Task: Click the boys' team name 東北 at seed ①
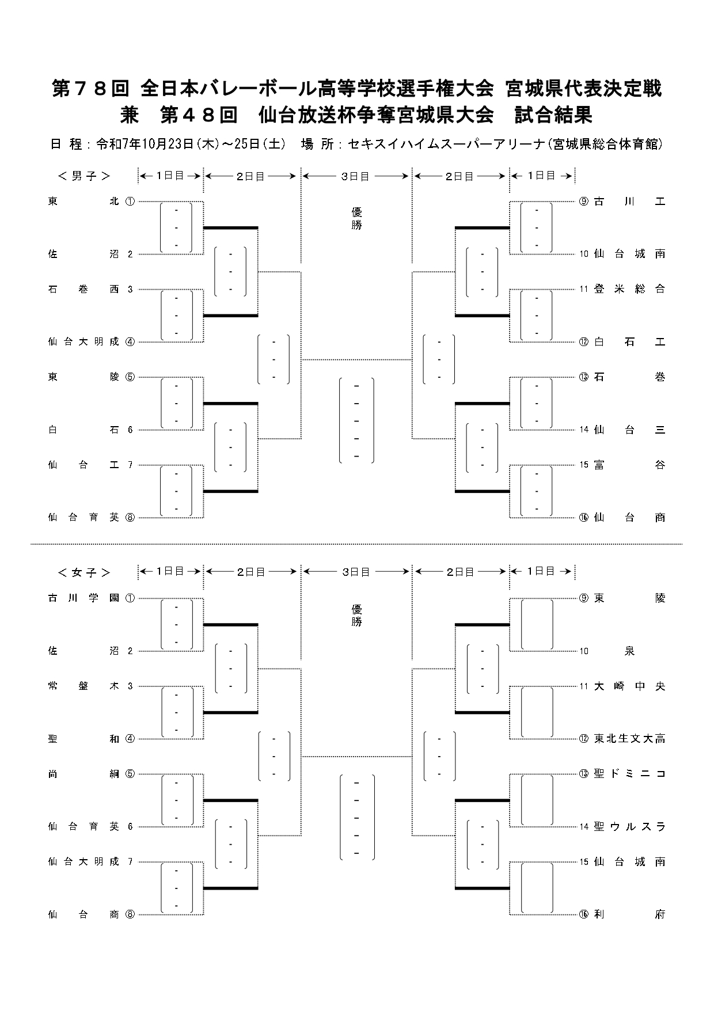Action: coord(83,202)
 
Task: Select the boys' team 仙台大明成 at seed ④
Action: coord(83,341)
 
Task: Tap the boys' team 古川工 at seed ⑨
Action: coord(629,202)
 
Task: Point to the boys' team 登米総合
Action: coord(629,289)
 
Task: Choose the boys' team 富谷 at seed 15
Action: coord(629,465)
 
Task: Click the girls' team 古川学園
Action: coord(83,598)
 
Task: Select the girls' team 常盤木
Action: coord(83,686)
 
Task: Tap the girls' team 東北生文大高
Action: coord(629,739)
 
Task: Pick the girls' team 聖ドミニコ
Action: coord(629,774)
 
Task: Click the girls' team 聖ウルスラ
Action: coord(629,827)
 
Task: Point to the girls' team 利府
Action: coord(629,914)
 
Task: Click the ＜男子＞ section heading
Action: coord(84,176)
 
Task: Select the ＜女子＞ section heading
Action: coord(84,572)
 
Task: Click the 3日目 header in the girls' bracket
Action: coord(356,572)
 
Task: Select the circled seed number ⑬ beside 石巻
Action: coord(584,377)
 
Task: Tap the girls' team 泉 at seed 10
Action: coord(629,651)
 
